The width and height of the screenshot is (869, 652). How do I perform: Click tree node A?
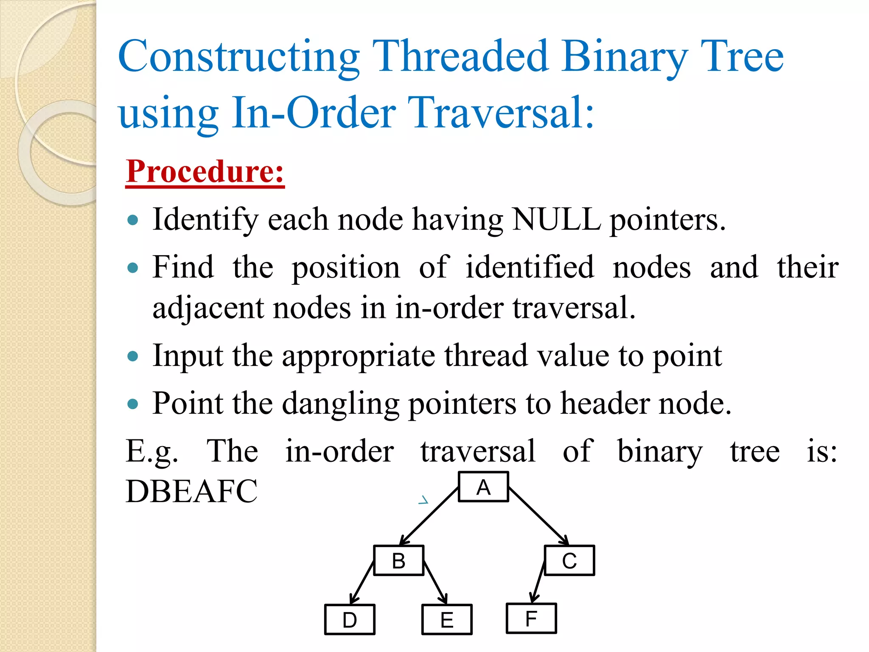point(483,487)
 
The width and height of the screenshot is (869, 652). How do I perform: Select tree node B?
point(398,560)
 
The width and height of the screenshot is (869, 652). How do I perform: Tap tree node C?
point(569,560)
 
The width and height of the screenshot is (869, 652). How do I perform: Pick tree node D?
point(350,619)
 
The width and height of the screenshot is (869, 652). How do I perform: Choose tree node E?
point(447,619)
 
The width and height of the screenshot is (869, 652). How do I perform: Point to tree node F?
point(531,618)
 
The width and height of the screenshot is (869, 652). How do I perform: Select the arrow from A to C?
point(539,516)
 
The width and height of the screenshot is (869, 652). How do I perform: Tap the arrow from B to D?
point(362,582)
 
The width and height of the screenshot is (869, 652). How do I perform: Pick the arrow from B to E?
point(435,582)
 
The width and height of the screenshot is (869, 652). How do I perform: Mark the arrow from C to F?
point(538,582)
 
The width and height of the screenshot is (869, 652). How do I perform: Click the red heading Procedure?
point(205,171)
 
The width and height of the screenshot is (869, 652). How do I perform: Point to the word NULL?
point(556,219)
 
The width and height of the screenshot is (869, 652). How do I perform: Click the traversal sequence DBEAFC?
point(191,491)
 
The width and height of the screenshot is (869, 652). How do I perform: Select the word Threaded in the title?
point(461,56)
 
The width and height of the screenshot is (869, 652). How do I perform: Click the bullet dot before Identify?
point(133,220)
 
